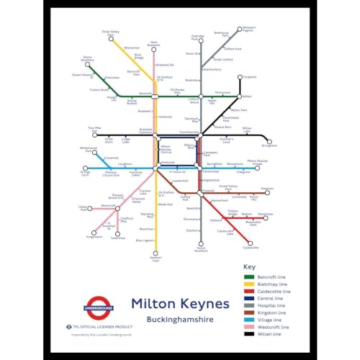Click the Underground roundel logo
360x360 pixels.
pos(99,308)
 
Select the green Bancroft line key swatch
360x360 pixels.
pos(250,277)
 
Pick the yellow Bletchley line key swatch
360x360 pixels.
pos(250,285)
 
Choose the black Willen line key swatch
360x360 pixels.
pos(250,333)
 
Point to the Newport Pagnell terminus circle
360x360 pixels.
pos(239,30)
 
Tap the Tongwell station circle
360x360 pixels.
pos(239,77)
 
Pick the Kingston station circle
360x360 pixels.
pos(267,192)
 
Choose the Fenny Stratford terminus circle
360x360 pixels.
pos(201,245)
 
